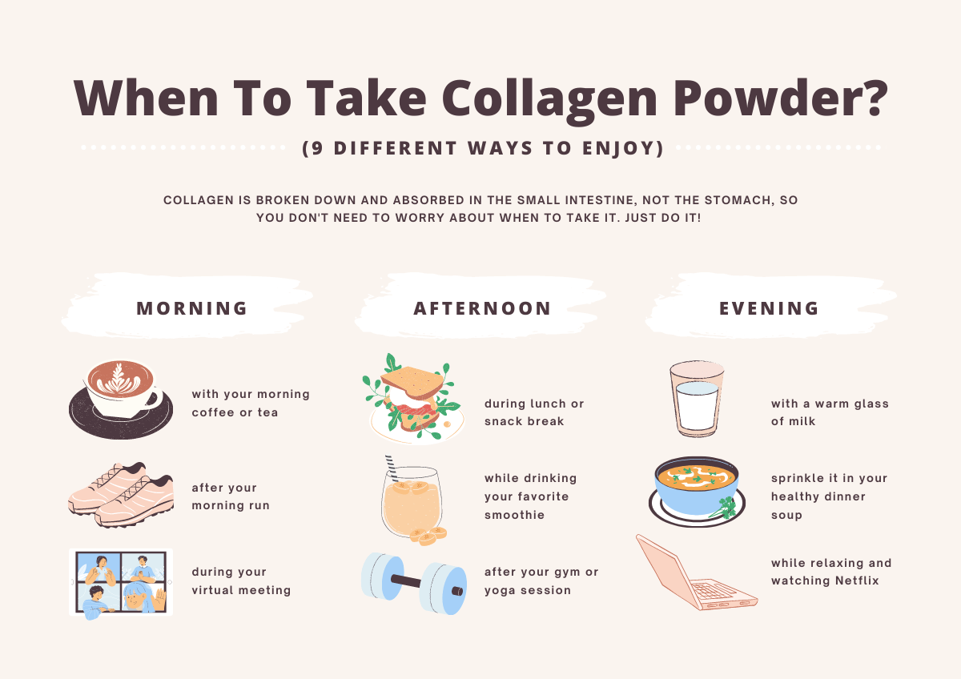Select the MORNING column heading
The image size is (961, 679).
click(x=192, y=308)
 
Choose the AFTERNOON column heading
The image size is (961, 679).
click(x=483, y=308)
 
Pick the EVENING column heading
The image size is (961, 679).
click(x=769, y=308)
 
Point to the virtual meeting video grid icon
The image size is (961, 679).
click(x=121, y=583)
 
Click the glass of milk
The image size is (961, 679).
click(x=696, y=400)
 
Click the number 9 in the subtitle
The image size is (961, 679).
click(x=316, y=149)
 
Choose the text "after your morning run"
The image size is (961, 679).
click(x=231, y=496)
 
